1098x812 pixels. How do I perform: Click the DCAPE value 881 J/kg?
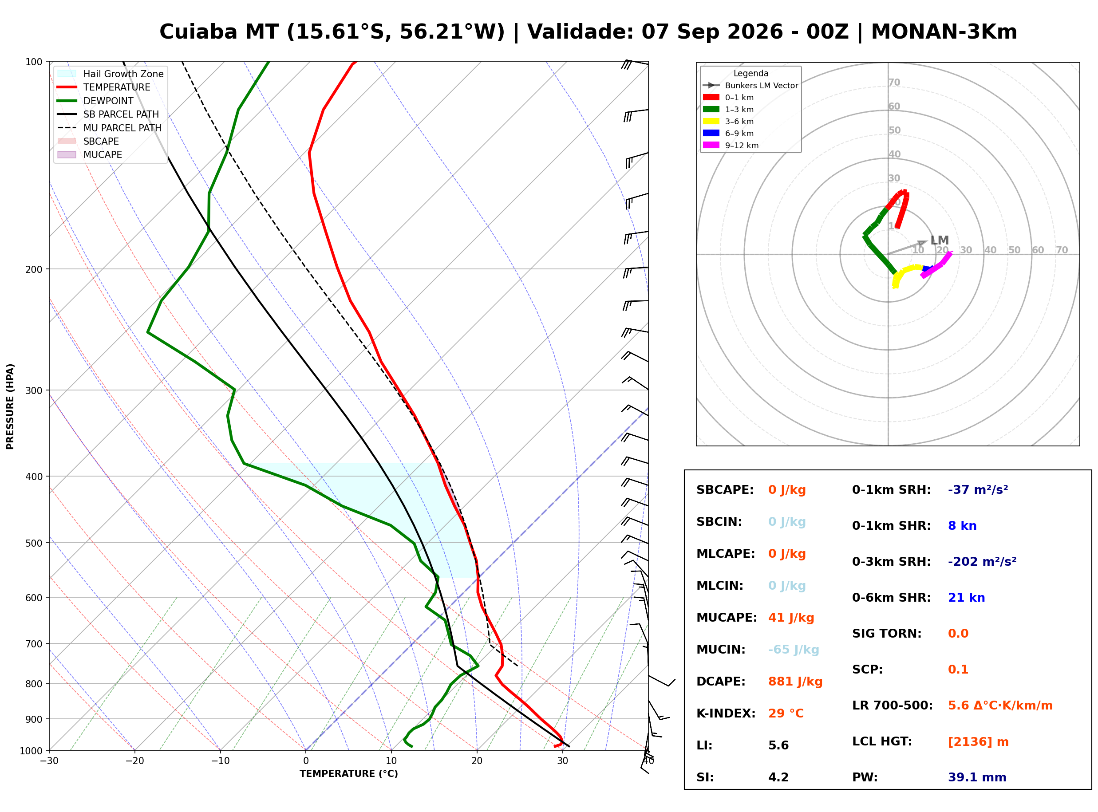click(x=795, y=682)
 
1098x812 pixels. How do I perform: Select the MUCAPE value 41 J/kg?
click(x=791, y=618)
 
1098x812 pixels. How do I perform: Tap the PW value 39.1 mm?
click(x=977, y=777)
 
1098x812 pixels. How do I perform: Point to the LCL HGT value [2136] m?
click(x=978, y=742)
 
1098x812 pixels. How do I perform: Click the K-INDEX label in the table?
click(x=726, y=713)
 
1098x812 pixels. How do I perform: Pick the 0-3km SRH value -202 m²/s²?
click(x=982, y=561)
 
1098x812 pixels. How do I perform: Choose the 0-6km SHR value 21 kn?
click(x=966, y=598)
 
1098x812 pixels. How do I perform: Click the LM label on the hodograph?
click(x=939, y=240)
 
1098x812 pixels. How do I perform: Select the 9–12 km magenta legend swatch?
click(x=711, y=146)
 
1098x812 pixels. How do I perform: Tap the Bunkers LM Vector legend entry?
click(x=750, y=86)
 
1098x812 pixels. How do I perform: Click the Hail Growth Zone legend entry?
click(x=111, y=74)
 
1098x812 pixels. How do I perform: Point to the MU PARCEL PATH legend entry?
click(x=110, y=128)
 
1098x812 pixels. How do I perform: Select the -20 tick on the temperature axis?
click(x=134, y=761)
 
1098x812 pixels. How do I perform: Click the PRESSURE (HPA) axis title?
click(x=10, y=406)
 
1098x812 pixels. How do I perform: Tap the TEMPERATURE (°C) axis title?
click(x=349, y=774)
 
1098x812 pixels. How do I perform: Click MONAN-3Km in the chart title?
click(x=944, y=32)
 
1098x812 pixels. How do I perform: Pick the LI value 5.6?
click(x=778, y=745)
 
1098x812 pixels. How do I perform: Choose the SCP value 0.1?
click(x=958, y=670)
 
